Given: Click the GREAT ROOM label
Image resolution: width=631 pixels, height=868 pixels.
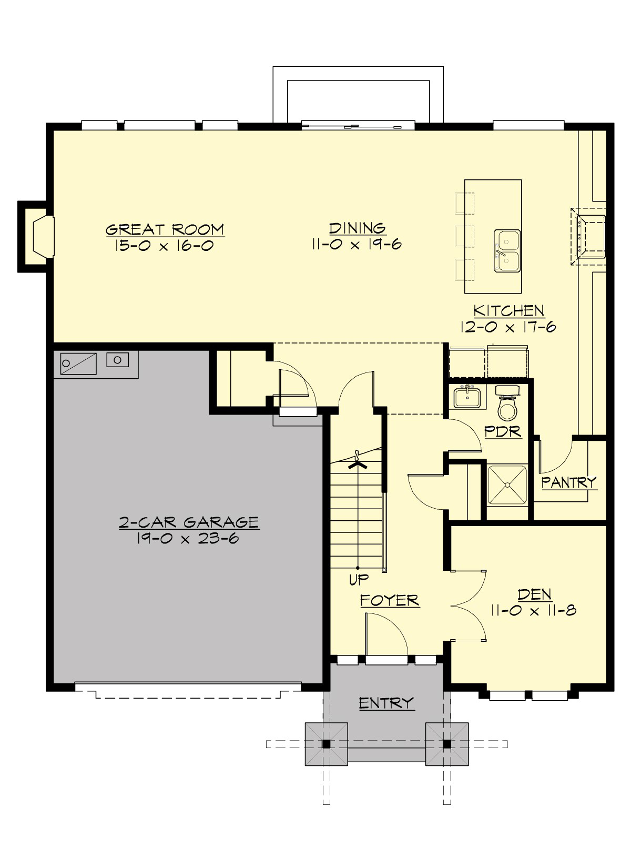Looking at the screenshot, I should pos(165,229).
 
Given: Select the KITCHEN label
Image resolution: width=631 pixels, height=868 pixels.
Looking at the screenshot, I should pos(508,310).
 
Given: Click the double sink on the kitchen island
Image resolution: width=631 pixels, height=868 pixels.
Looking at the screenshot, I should pos(507,251).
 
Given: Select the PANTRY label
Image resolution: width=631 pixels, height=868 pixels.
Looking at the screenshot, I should pos(569,481).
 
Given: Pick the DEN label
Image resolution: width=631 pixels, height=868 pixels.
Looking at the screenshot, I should pos(534,594).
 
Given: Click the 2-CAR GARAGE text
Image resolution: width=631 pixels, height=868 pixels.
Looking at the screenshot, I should pos(189,522).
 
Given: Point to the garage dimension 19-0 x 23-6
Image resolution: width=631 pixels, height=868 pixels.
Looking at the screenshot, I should pos(189,538).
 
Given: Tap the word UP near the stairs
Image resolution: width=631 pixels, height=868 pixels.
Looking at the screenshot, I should pos(359,580).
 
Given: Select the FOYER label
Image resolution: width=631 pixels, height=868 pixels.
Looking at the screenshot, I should pos(390,600).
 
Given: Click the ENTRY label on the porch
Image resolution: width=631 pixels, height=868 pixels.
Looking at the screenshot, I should pos(386,703).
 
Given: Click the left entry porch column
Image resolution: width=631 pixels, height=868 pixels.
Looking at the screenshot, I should pos(326,744).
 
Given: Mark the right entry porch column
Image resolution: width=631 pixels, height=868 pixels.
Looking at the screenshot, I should pos(446,744).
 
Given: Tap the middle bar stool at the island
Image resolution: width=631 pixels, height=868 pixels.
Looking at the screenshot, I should pos(464,236).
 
